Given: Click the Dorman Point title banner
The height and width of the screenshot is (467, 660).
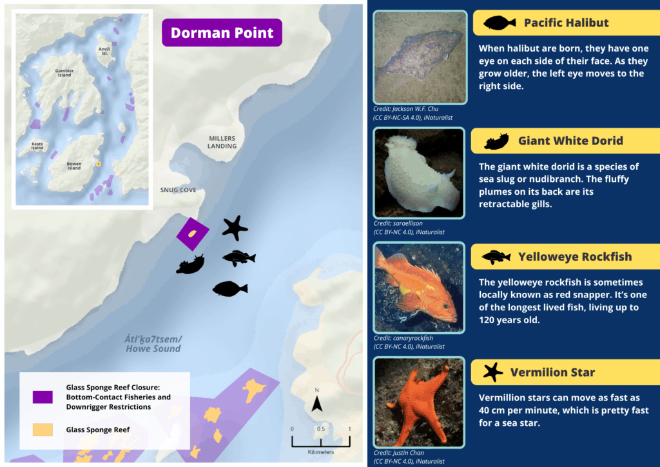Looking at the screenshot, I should coord(222,33).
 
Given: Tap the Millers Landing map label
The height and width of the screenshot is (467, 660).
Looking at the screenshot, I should coord(222,142).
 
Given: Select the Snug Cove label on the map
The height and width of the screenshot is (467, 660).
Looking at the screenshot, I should coord(179,190).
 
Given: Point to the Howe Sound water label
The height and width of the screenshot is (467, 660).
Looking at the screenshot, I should coord(153,344).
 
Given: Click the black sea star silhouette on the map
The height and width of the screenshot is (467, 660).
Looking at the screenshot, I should coord(235,228).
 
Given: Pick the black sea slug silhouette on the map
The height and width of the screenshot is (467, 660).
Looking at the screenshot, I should coord(190,264).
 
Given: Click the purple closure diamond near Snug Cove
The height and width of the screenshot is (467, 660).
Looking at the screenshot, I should coord(193,234).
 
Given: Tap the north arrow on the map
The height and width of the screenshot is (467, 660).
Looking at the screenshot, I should coord(316,404).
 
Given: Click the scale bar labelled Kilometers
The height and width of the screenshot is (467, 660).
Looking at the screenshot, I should coord(320,441).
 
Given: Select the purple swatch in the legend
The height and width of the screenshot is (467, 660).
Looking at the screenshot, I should coord(43,397).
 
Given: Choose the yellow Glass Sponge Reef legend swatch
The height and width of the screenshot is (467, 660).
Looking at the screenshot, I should coord(43,430).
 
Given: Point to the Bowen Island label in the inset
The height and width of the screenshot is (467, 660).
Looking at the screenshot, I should coord(74,166).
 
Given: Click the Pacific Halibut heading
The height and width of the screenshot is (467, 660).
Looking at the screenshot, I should coord(566,23).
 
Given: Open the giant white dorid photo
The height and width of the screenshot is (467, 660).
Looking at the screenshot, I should coord(419,173).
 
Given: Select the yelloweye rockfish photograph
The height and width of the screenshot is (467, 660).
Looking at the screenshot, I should coord(419,288).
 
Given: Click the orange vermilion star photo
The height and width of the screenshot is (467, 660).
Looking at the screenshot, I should coord(419,402).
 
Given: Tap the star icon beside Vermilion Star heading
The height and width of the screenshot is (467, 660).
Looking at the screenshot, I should coord(493,372).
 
